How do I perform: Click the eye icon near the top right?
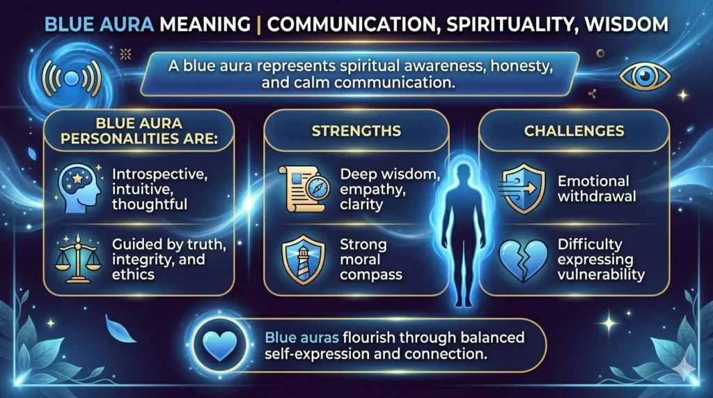point(644,77)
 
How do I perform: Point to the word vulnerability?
point(600,274)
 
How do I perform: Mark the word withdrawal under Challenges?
point(597,196)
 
